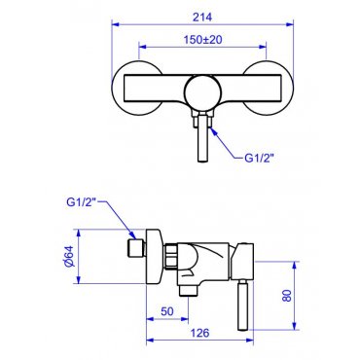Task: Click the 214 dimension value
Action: [202, 17]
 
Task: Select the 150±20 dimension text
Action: [202, 40]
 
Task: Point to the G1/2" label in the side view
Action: [82, 202]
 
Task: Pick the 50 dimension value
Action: [167, 311]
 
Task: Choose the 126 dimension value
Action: [199, 333]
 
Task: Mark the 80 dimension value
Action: [287, 296]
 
